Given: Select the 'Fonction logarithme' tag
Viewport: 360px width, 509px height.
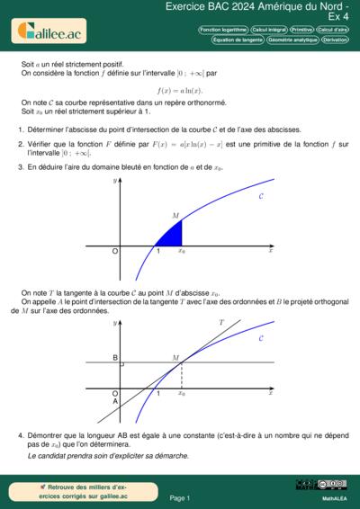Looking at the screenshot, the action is click(x=223, y=30).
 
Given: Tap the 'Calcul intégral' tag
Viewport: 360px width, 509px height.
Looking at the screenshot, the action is click(x=270, y=30).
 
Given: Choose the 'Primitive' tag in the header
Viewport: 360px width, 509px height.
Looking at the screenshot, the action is click(x=303, y=30).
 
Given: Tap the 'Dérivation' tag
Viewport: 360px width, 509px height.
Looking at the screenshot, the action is click(x=335, y=40).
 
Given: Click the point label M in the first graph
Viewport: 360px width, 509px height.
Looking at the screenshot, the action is click(x=175, y=217).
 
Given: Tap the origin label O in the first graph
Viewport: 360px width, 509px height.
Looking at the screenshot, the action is click(x=114, y=252).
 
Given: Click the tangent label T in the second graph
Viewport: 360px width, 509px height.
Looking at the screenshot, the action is click(x=221, y=321).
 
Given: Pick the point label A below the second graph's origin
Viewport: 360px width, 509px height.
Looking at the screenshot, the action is click(x=115, y=401).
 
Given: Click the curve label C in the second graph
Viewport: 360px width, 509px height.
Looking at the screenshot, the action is click(x=261, y=339).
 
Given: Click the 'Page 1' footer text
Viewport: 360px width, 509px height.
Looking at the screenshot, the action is click(x=180, y=497).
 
